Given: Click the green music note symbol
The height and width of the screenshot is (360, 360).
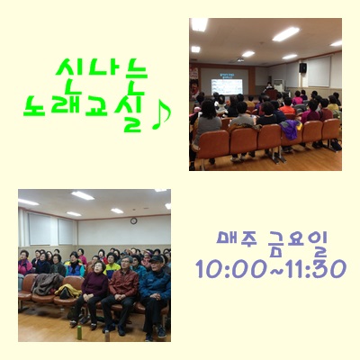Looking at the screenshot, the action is (161, 116).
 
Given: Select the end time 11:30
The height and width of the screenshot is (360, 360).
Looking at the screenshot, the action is (313, 269).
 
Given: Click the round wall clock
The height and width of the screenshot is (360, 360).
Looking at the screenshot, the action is (134, 221).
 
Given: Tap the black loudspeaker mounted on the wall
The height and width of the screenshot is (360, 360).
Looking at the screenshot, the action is (302, 67).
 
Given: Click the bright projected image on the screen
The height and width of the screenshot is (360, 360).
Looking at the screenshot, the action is (227, 86).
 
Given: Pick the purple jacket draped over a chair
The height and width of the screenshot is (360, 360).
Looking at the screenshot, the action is (290, 129).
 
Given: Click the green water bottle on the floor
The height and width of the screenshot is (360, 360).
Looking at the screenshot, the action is (79, 332).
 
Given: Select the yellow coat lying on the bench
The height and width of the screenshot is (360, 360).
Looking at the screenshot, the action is (67, 291).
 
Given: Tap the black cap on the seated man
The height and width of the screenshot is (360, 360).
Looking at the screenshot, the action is (157, 259).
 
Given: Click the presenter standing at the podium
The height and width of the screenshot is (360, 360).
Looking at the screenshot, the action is (269, 87).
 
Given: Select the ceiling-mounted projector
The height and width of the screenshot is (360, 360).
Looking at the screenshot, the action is (240, 59).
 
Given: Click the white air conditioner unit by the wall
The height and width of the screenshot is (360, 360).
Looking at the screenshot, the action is (279, 85).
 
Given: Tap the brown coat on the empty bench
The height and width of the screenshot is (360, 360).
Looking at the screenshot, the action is (47, 283).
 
